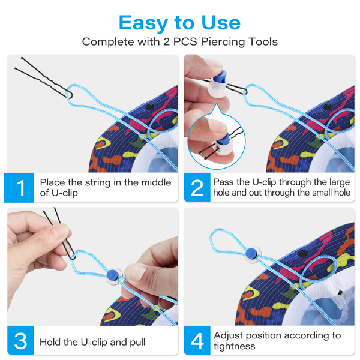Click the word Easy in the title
143,23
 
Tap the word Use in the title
221,23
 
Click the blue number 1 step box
19,188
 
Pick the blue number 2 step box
197,187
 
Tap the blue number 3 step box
20,340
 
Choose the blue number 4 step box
197,340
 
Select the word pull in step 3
137,343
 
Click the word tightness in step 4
234,346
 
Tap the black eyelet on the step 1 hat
149,107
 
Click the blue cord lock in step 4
252,253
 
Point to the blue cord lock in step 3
113,274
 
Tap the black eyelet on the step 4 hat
302,253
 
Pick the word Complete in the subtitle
108,42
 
